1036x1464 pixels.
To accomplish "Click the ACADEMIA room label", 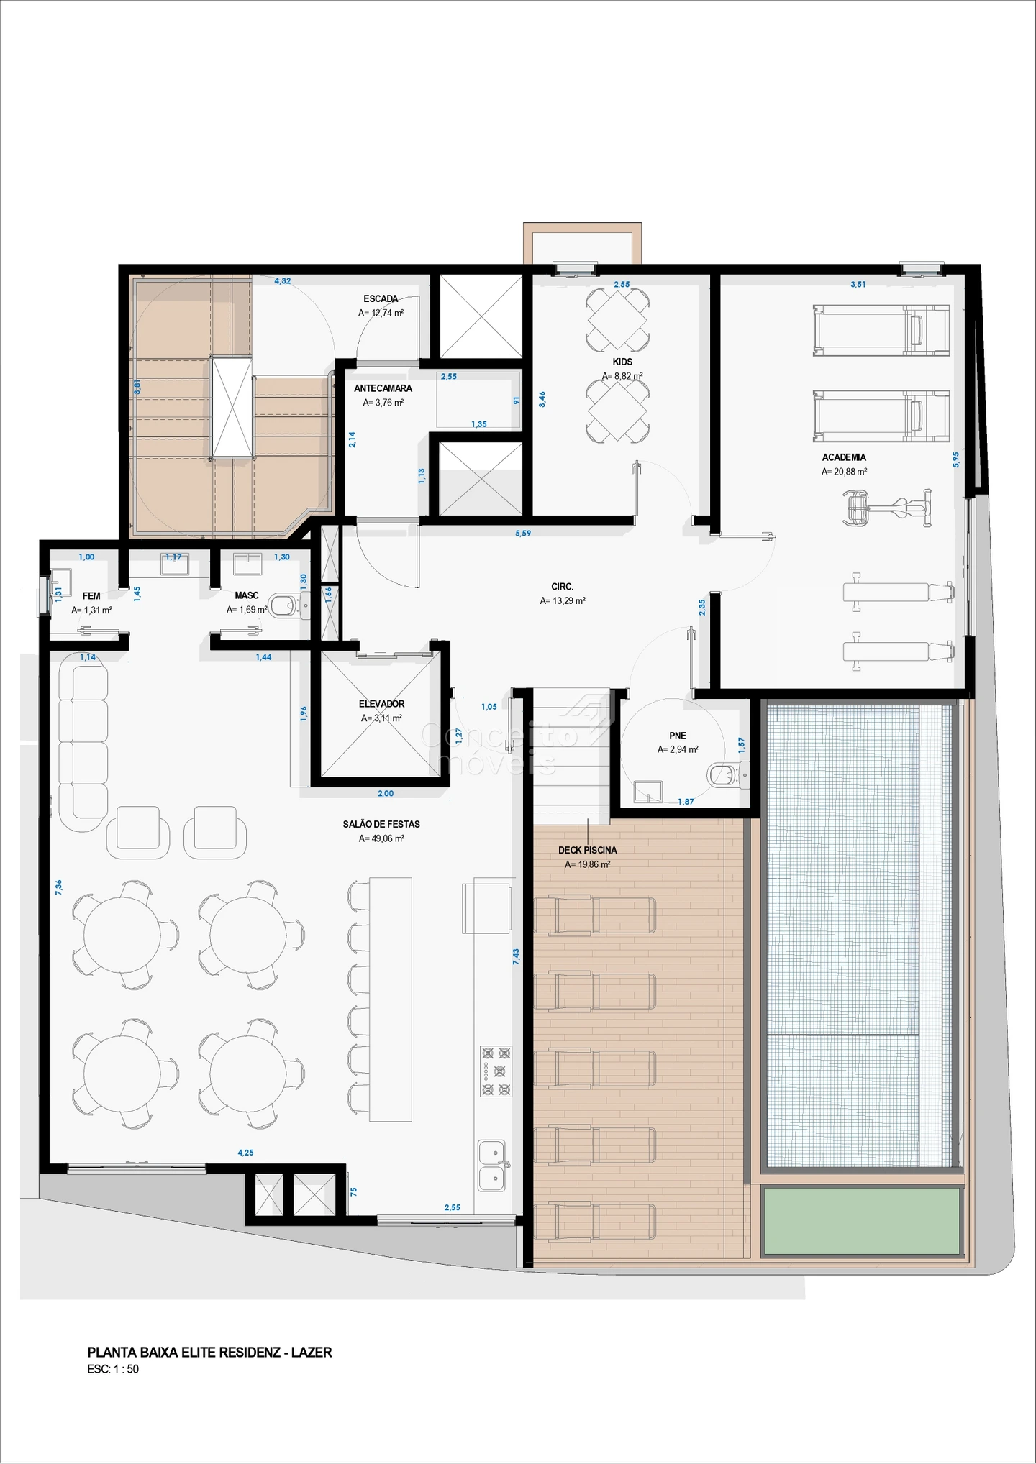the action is click(x=844, y=457).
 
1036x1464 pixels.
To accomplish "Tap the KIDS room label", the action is click(x=622, y=362).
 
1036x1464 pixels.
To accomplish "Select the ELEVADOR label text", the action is click(x=381, y=704).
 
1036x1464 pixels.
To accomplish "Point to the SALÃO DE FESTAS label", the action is click(x=381, y=824).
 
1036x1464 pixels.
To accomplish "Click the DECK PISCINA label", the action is click(x=587, y=850).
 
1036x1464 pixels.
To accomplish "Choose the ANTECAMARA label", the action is click(x=383, y=388).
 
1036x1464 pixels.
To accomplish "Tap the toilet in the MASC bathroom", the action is click(x=288, y=605).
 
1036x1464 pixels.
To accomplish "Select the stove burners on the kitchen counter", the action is click(x=496, y=1071).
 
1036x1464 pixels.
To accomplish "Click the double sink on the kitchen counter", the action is click(x=492, y=1166).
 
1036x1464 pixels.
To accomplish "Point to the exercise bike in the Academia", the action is click(x=887, y=508).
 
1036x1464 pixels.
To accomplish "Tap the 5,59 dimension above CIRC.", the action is click(x=523, y=533).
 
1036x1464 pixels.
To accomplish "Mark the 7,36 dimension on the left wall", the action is click(x=59, y=887).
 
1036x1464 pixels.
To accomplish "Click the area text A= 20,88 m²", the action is click(x=844, y=472).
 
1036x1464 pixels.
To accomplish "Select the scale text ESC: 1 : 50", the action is click(x=113, y=1369).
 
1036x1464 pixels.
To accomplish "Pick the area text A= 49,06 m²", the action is click(x=381, y=838).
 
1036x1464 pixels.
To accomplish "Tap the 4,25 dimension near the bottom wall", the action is click(x=245, y=1153).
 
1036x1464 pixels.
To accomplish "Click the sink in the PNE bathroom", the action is click(x=648, y=791).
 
